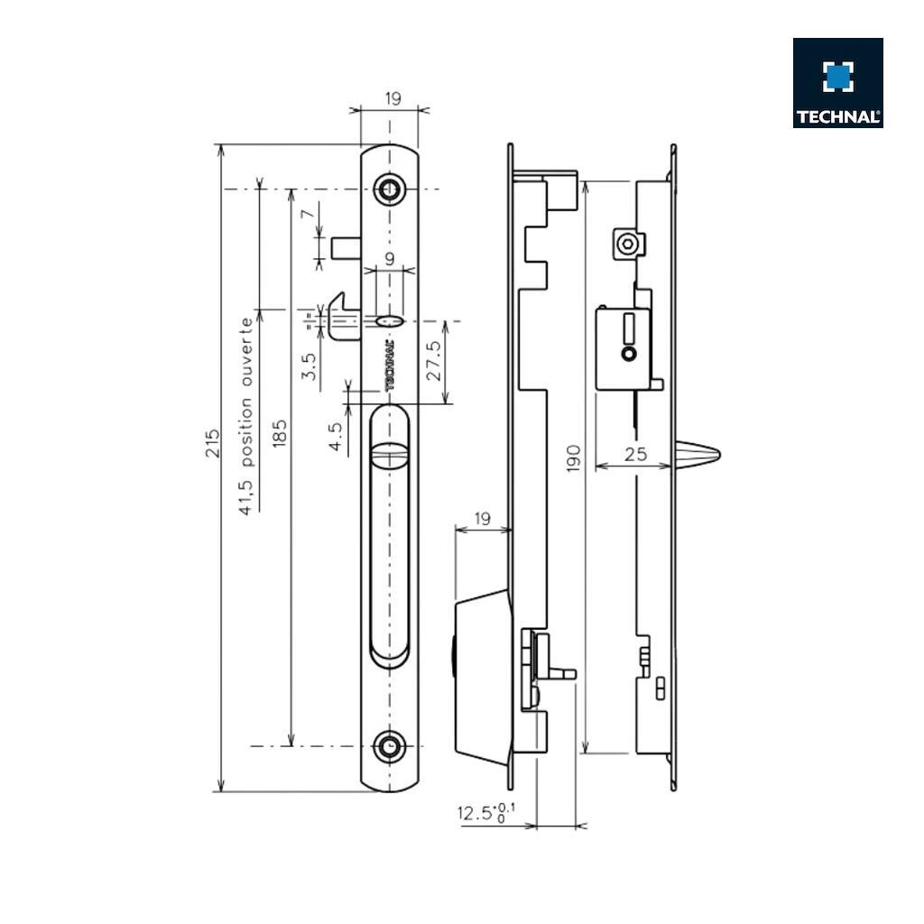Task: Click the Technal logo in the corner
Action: tap(837, 82)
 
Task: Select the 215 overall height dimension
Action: tap(212, 442)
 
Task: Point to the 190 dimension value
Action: tap(573, 457)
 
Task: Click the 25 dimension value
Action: tap(635, 454)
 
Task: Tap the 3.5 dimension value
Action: tap(309, 368)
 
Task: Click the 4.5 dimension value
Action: tap(335, 437)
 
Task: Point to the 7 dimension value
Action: tap(307, 214)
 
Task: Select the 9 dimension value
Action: tap(389, 259)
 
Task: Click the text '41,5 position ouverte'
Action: tap(245, 416)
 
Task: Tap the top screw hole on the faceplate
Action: tap(390, 189)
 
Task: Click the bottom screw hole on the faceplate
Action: tap(390, 746)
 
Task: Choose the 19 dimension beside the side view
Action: tap(482, 519)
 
